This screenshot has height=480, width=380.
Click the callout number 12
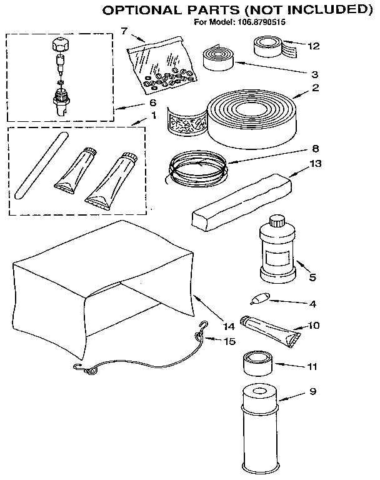click(x=313, y=45)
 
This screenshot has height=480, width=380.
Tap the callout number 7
click(x=124, y=31)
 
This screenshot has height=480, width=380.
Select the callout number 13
click(x=316, y=163)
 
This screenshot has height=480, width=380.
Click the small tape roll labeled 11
click(x=256, y=363)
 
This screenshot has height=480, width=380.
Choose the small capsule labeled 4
click(x=260, y=299)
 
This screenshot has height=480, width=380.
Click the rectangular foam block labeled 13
click(x=241, y=201)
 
